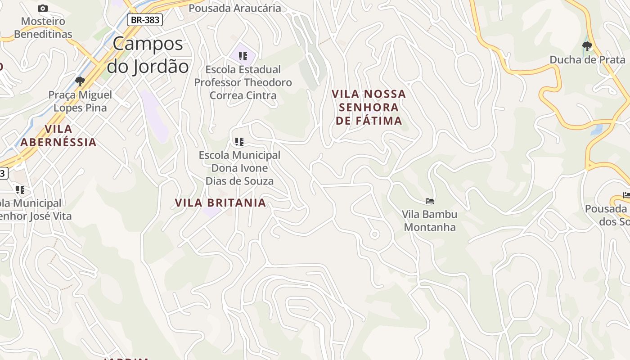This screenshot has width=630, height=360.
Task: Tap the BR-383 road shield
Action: (144, 20)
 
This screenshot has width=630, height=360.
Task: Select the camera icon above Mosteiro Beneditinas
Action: (43, 8)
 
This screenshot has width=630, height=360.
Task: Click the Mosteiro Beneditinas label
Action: (43, 27)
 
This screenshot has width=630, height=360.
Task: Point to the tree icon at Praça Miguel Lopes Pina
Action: (80, 81)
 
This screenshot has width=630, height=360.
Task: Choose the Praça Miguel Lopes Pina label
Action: (80, 101)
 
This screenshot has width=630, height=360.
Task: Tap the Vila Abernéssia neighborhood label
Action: (58, 135)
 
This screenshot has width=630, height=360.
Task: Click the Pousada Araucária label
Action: (234, 8)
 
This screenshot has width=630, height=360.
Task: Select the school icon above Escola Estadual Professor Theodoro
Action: (243, 56)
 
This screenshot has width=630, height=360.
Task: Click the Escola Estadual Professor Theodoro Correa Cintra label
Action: (243, 82)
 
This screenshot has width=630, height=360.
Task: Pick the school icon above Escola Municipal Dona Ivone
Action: (239, 142)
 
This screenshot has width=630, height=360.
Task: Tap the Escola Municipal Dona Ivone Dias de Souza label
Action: (239, 168)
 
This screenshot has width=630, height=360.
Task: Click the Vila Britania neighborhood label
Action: (220, 203)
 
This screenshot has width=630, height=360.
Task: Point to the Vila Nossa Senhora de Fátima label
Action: (369, 107)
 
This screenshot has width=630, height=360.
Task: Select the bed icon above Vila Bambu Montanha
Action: (430, 201)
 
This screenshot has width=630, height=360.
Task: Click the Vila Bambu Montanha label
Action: (430, 220)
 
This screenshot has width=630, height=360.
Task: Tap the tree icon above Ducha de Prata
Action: (587, 45)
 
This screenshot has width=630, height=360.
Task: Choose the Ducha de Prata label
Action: (587, 60)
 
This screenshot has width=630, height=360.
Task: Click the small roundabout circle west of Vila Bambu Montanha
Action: (374, 234)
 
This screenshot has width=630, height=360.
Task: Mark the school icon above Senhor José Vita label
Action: (20, 189)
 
